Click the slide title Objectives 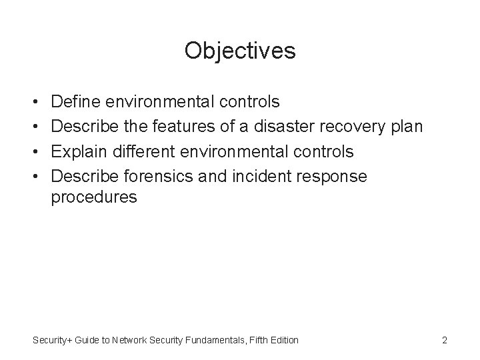(x=240, y=50)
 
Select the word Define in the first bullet (x=75, y=102)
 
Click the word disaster (x=291, y=127)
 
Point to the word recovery (x=358, y=127)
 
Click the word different (x=136, y=151)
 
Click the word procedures (x=94, y=199)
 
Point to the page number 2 (x=444, y=341)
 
